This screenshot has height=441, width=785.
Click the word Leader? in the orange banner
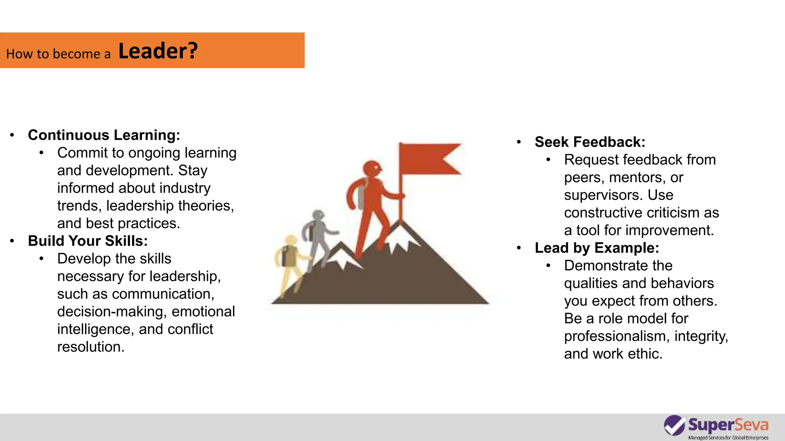pyautogui.click(x=158, y=51)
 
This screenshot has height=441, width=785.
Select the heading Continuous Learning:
pyautogui.click(x=104, y=135)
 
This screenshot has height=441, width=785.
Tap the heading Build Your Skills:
pyautogui.click(x=88, y=241)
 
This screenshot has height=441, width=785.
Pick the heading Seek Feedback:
pyautogui.click(x=590, y=142)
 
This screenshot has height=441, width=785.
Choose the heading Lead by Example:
pyautogui.click(x=597, y=248)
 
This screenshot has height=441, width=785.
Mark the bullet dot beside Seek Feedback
pyautogui.click(x=519, y=142)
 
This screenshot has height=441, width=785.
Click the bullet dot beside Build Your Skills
pyautogui.click(x=12, y=241)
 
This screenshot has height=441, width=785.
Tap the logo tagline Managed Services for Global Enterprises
pyautogui.click(x=728, y=438)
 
